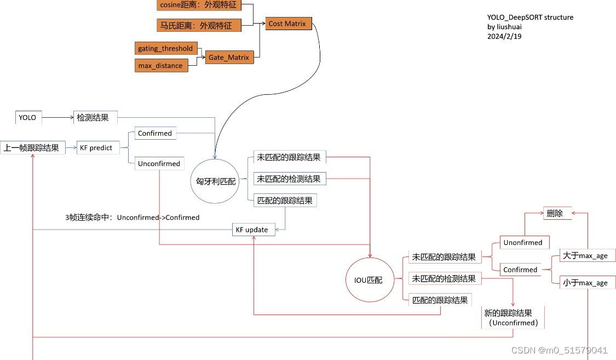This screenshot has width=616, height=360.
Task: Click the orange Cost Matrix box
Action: (x=289, y=24)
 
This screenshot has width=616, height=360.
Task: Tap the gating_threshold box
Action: (x=165, y=48)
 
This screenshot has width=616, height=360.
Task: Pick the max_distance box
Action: (x=160, y=66)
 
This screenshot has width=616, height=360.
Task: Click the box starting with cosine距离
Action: (x=198, y=5)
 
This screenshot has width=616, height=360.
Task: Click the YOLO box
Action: (x=28, y=117)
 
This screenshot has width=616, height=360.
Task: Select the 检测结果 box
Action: (x=95, y=117)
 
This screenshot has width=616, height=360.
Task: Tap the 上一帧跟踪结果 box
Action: (x=32, y=147)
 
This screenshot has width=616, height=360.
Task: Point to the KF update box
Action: (x=252, y=230)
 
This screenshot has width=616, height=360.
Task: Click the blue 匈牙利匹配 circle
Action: (x=216, y=181)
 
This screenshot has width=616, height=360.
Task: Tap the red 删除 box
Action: (x=556, y=213)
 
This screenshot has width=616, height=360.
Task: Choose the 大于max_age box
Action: (x=587, y=255)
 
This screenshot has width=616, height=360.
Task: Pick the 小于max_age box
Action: (x=587, y=283)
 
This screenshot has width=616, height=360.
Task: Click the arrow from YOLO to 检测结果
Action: (x=57, y=117)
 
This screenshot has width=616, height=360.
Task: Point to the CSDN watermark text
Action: (x=559, y=350)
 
